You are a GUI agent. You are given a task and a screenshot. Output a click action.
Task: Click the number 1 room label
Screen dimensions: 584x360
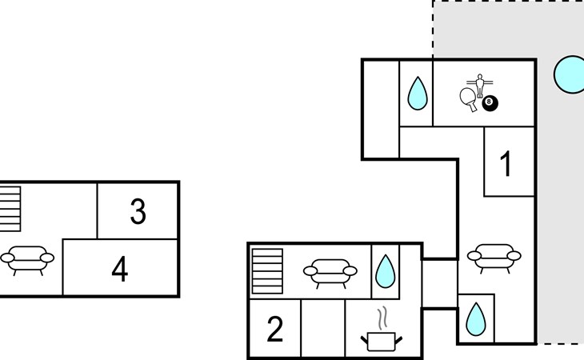click(x=506, y=163)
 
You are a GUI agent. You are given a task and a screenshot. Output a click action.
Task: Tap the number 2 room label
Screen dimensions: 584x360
click(x=275, y=329)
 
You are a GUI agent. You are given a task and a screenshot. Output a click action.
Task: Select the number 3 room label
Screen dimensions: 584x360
click(x=138, y=211)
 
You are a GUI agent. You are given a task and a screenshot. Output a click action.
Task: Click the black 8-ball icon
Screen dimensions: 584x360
click(x=490, y=103)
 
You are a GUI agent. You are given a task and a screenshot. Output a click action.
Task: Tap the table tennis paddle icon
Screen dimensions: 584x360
click(x=469, y=99)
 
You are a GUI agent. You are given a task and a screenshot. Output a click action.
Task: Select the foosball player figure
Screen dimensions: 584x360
click(x=480, y=86)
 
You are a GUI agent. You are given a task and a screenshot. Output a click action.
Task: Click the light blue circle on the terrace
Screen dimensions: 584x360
click(x=570, y=74)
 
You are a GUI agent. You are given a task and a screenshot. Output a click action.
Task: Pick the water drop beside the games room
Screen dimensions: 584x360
click(x=418, y=94)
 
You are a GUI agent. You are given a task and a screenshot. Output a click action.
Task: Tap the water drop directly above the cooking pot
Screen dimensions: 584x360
click(x=386, y=271)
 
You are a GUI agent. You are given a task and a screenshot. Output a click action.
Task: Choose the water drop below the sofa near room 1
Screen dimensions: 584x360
click(x=476, y=319)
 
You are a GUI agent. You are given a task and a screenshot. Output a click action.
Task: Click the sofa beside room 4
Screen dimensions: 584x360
click(x=27, y=260)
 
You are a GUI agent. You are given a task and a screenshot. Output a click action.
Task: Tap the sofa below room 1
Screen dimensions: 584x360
click(x=494, y=258)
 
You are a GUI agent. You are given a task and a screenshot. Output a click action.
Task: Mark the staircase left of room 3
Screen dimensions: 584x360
click(x=10, y=209)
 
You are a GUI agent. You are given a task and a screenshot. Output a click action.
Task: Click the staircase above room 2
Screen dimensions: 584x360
click(x=267, y=271)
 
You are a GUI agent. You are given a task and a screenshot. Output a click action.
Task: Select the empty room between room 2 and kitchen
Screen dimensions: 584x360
click(x=323, y=328)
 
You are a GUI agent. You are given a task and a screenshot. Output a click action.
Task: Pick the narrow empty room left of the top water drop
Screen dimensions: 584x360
click(x=381, y=109)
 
